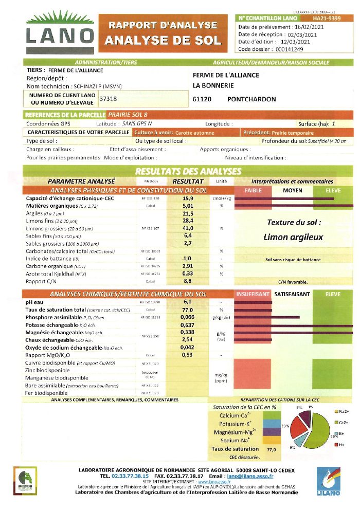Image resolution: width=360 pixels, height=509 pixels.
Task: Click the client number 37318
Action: point(107,99)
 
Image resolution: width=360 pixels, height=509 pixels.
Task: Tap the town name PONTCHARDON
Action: point(251,99)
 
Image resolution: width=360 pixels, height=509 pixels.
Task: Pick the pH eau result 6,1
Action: point(187,302)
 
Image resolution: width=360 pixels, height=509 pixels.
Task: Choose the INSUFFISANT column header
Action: point(253,294)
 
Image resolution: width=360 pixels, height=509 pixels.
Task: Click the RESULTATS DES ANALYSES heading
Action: point(188,171)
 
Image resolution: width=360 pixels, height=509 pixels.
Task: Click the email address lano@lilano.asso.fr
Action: point(249,476)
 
